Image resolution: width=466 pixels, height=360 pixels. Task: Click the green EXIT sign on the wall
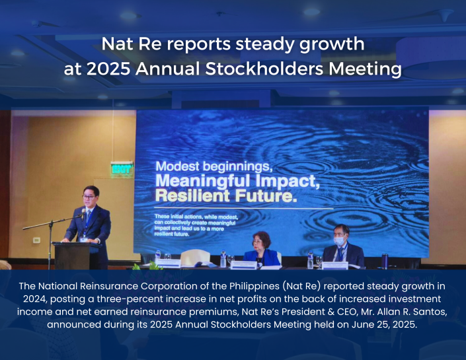(x=122, y=168)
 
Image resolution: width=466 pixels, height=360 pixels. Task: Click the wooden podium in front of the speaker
(x=72, y=255)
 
